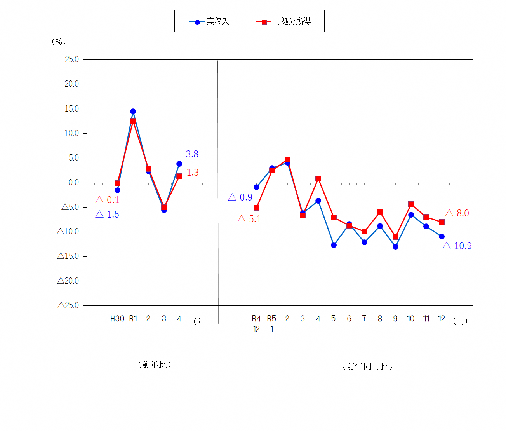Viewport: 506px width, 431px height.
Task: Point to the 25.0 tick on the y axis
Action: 72,59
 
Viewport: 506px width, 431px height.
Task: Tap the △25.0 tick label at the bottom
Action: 68,305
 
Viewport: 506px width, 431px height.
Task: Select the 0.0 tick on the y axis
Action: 73,183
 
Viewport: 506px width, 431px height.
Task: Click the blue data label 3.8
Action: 192,154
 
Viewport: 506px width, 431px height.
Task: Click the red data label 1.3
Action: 192,173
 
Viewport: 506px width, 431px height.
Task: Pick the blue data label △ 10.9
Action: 457,246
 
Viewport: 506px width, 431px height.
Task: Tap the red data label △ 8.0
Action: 457,213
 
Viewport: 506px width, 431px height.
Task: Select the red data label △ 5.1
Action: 249,219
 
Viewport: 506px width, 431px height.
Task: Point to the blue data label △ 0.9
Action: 240,197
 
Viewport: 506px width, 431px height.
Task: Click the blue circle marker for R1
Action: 133,112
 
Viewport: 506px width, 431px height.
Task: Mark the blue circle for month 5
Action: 334,245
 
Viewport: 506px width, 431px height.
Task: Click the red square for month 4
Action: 318,179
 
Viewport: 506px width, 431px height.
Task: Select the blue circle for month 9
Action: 395,246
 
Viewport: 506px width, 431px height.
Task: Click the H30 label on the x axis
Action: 117,319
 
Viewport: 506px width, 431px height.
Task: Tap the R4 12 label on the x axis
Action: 256,324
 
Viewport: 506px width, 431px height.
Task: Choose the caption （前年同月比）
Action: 367,366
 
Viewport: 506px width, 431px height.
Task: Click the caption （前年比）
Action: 155,365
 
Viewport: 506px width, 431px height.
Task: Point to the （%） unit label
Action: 59,42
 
